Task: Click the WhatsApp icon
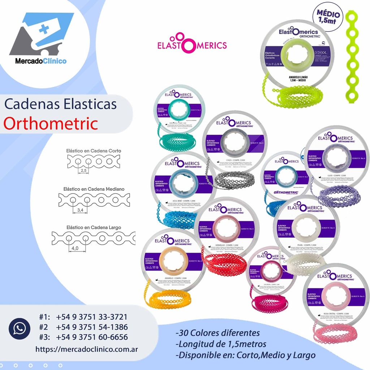tap(20, 328)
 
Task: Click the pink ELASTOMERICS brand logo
tap(192, 43)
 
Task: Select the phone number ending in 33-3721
tap(92, 317)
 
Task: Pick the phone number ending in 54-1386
tap(92, 327)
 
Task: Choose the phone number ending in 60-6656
tap(92, 337)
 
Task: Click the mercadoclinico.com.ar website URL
tap(86, 349)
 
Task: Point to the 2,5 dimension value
tap(84, 170)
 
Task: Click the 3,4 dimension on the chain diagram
tap(79, 210)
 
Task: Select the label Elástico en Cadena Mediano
tap(94, 189)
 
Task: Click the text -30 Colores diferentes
tap(217, 332)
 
